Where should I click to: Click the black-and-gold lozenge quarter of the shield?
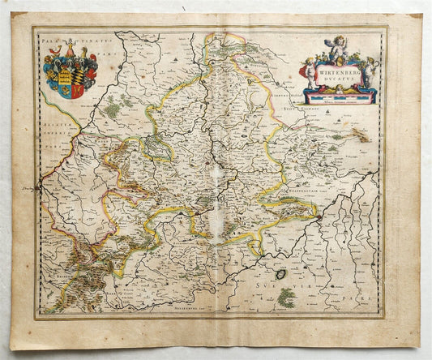pyautogui.click(x=79, y=71)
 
